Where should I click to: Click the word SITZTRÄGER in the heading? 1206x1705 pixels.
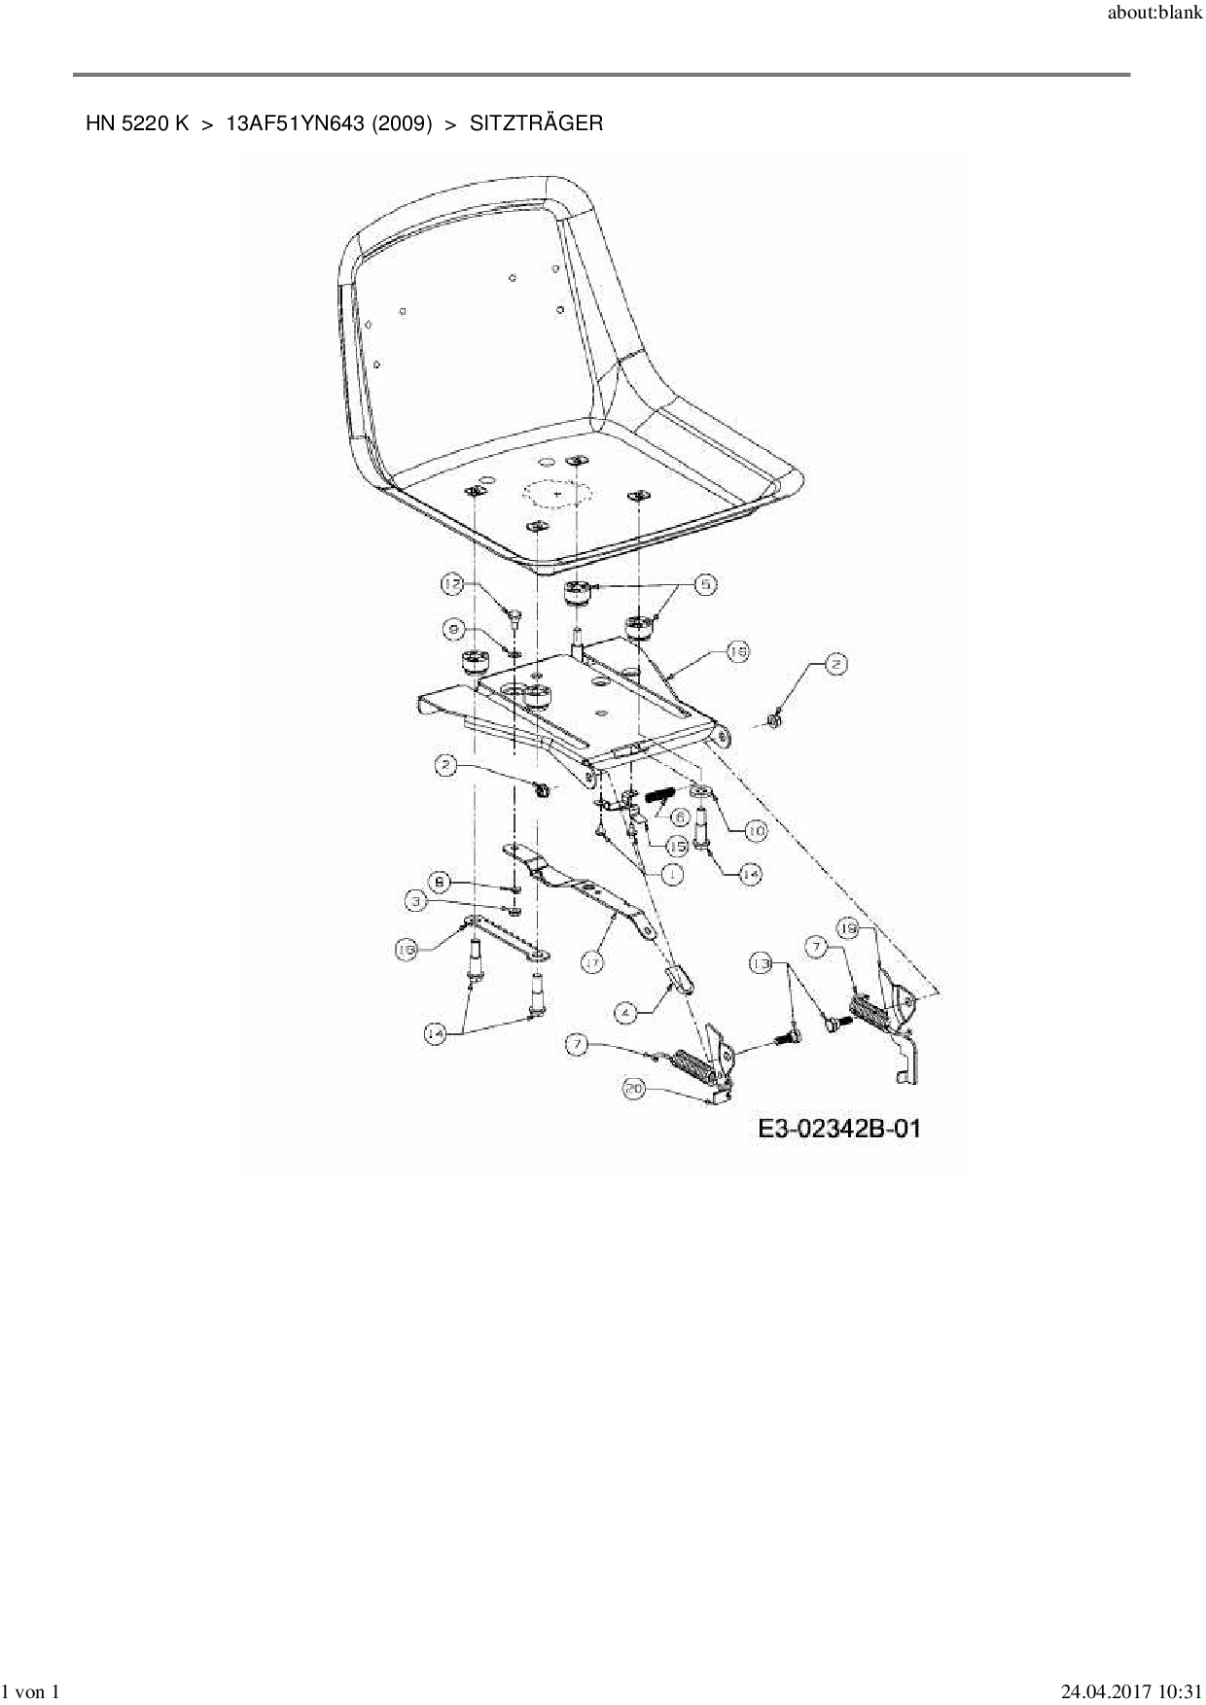point(536,123)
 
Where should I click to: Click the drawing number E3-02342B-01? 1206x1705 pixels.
point(839,1129)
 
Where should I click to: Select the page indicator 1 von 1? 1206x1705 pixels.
point(31,1692)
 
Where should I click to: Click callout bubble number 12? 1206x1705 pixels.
point(453,584)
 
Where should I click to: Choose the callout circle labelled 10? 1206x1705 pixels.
point(755,831)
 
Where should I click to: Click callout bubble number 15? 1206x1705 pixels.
point(677,846)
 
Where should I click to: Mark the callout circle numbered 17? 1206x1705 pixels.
point(591,962)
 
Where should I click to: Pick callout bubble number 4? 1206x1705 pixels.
point(626,1013)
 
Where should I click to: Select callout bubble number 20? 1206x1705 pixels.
point(634,1090)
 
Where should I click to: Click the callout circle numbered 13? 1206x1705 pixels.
point(762,963)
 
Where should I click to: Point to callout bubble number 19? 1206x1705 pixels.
point(848,930)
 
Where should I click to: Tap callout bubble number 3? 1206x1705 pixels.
point(416,902)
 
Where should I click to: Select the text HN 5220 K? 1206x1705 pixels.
point(137,123)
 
